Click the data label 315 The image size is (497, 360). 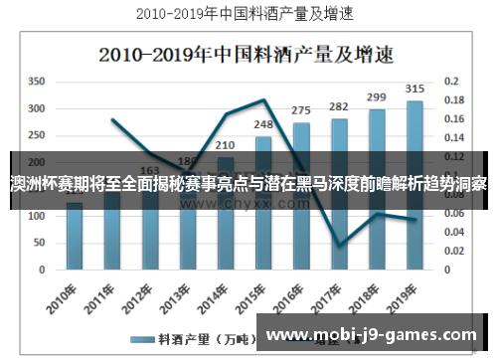pos(414,90)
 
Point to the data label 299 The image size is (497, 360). pos(377,97)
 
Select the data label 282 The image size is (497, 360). pos(339,106)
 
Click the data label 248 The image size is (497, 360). pos(263,124)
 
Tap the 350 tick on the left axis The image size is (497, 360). pos(37,81)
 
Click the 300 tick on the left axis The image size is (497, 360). pos(37,107)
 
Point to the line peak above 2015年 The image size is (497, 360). pos(264,99)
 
